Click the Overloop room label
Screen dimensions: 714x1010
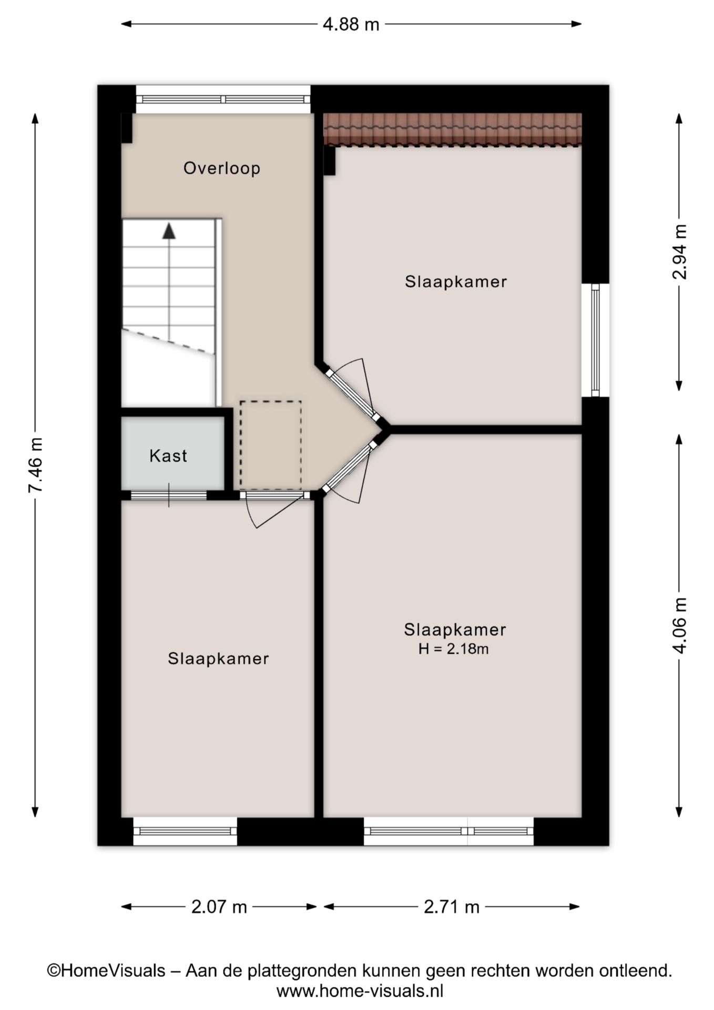[x=221, y=168]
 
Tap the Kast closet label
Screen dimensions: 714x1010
[x=168, y=456]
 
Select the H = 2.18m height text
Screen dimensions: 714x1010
[x=454, y=649]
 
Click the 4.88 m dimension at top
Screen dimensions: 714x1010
[x=351, y=24]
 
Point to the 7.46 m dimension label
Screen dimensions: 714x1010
[x=35, y=465]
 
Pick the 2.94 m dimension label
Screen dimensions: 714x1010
[x=679, y=251]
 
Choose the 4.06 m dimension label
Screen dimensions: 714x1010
[x=679, y=625]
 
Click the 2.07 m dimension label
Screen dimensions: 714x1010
[x=219, y=907]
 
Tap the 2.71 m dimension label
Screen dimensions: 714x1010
[x=452, y=907]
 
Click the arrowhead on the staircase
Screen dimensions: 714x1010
[x=169, y=231]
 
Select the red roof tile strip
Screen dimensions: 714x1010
[x=453, y=129]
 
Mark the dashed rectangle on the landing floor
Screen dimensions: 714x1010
[x=271, y=445]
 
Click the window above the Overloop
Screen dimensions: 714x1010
[x=223, y=99]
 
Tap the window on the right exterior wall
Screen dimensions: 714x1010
[x=595, y=340]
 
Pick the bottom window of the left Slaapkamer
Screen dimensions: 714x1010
[x=185, y=831]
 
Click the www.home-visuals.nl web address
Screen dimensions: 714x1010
[x=360, y=991]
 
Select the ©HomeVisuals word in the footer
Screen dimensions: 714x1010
[x=106, y=971]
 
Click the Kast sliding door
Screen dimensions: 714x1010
[x=169, y=495]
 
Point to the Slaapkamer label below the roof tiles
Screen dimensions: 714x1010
[x=456, y=281]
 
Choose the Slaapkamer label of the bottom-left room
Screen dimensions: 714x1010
[x=218, y=659]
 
